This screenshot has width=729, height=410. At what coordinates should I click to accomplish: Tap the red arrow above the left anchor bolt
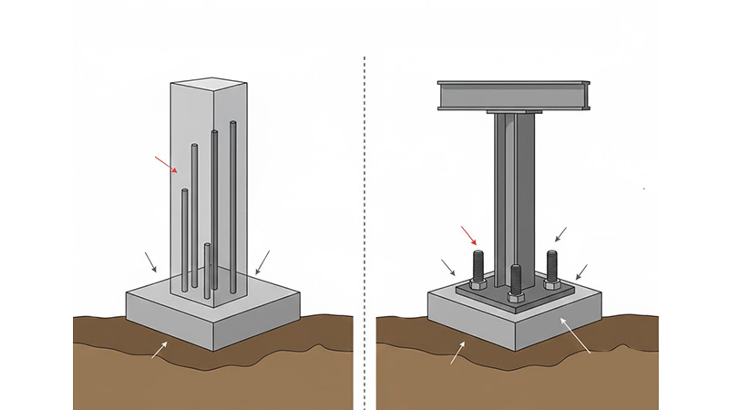(x=467, y=234)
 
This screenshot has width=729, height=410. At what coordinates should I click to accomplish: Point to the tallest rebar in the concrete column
(x=233, y=200)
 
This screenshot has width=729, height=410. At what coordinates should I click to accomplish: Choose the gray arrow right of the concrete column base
(x=262, y=262)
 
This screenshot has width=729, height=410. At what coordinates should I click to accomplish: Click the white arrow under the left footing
(x=159, y=347)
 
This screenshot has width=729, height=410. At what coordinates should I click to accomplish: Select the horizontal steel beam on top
(x=513, y=95)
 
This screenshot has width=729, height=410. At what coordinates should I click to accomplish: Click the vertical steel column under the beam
(x=512, y=191)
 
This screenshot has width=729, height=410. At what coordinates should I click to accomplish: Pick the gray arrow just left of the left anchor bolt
(x=448, y=268)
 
